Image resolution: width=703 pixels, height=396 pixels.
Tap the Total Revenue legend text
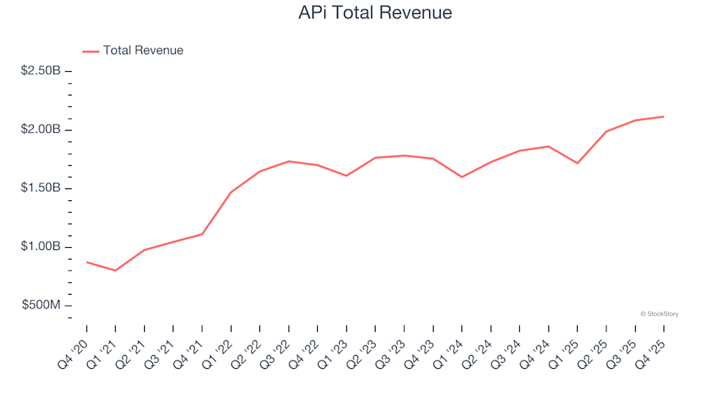143,51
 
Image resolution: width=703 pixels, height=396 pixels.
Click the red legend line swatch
91,51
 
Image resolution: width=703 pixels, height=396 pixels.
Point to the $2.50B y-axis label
41,71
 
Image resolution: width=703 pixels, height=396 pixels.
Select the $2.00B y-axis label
41,130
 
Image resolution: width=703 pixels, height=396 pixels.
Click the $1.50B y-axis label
41,188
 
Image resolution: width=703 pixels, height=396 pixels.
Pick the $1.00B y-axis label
41,246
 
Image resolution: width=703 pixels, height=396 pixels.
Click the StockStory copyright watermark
659,314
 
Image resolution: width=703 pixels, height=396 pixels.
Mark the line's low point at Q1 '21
116,271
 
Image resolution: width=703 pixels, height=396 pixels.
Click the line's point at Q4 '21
202,234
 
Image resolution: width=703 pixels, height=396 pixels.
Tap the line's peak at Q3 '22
289,161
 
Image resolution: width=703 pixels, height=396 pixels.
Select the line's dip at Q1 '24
461,177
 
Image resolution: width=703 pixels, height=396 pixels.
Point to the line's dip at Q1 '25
577,163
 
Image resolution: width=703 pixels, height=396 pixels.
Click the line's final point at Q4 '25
663,117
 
